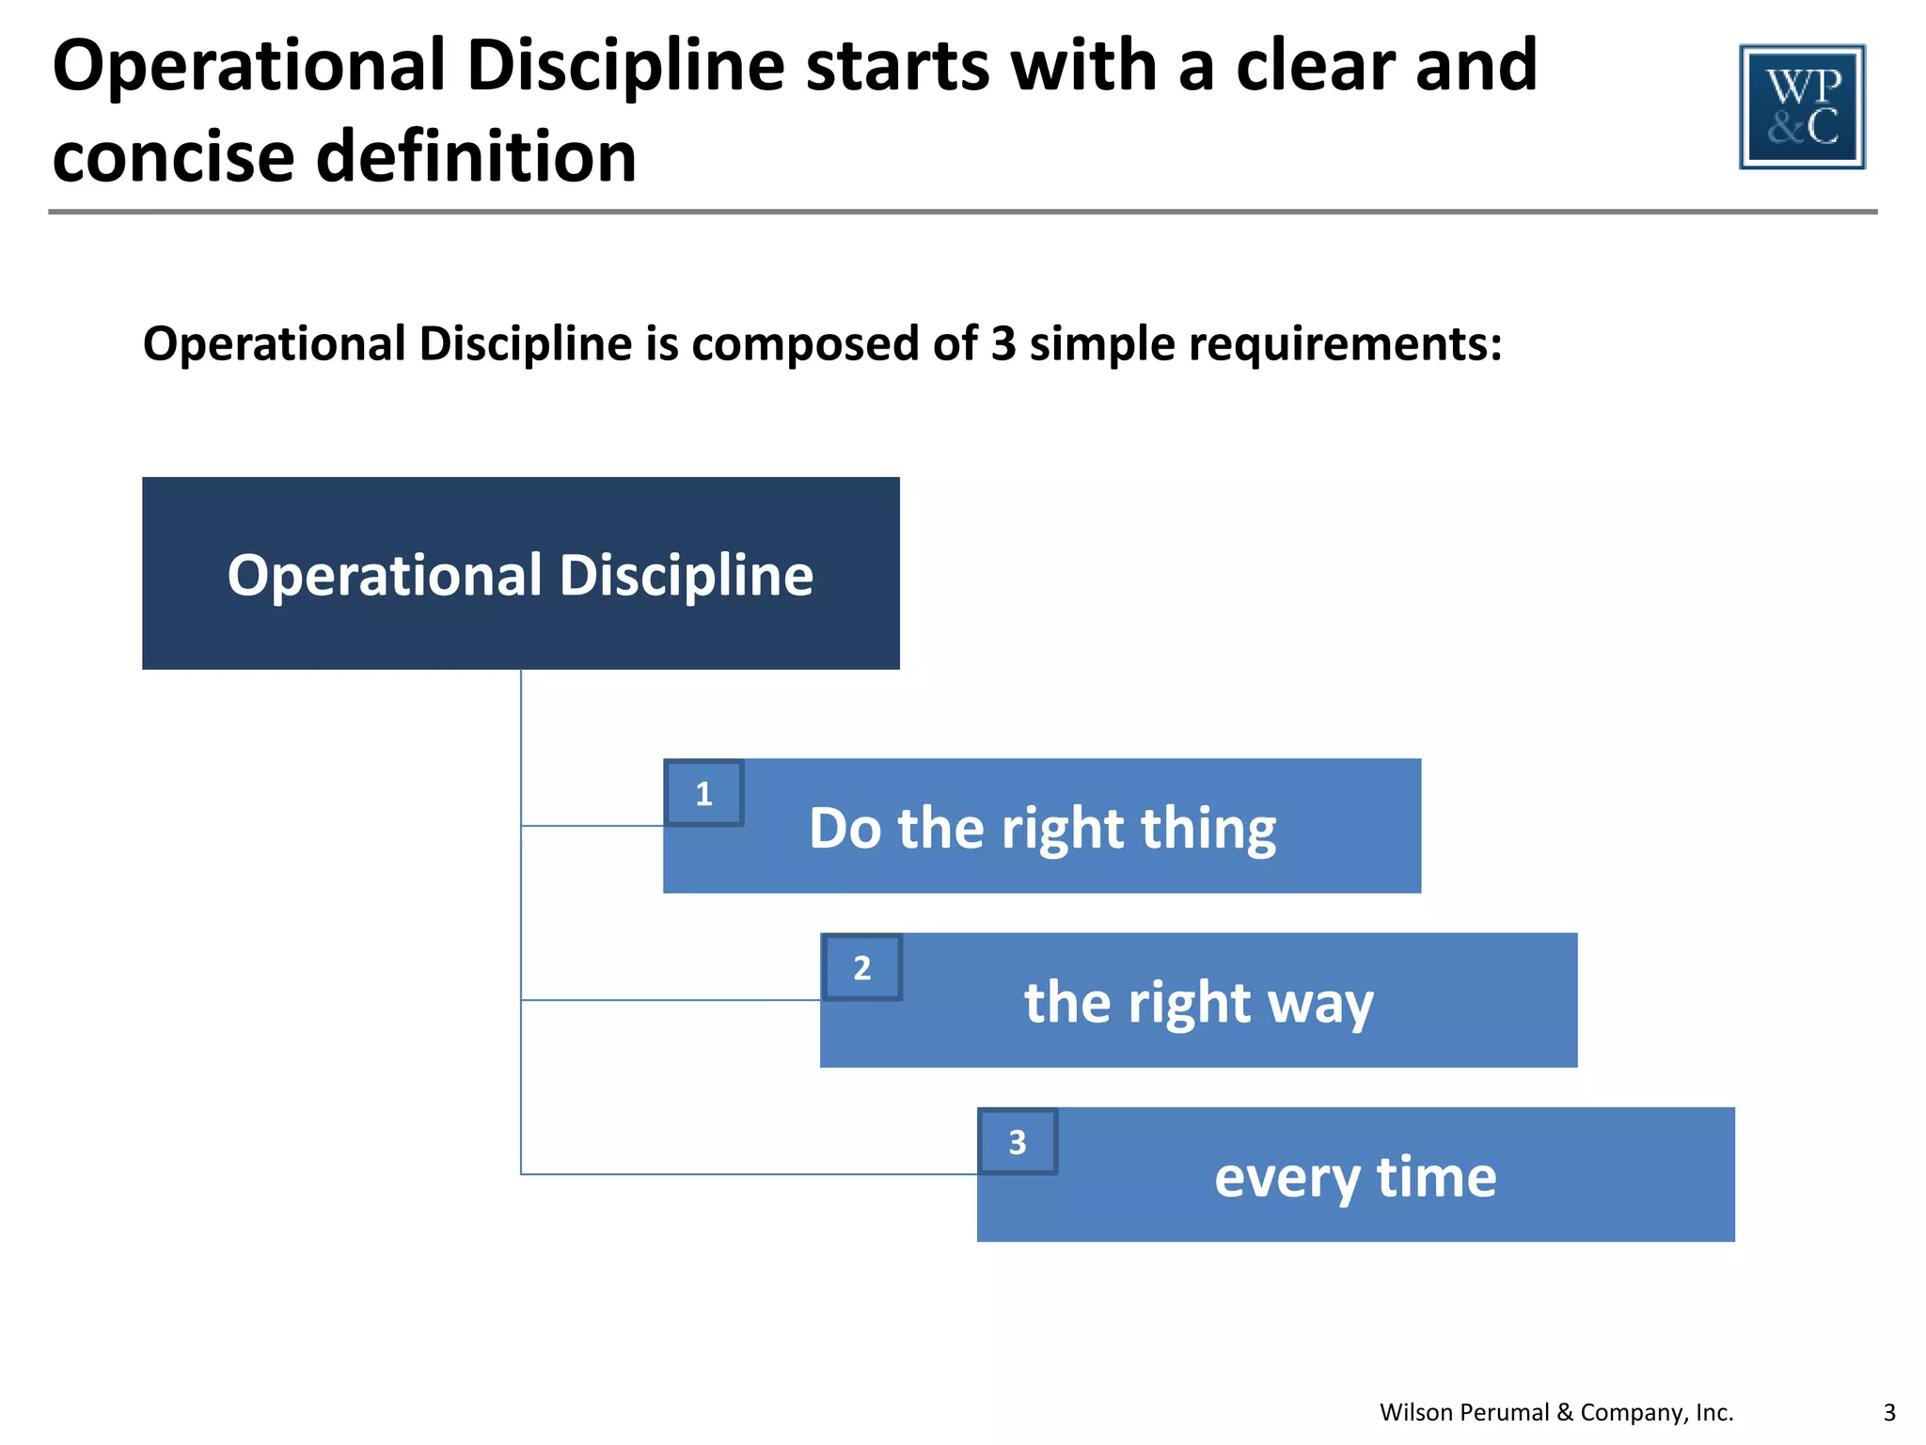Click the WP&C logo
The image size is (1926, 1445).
click(1802, 107)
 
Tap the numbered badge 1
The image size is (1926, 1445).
click(703, 793)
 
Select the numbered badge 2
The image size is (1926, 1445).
click(861, 967)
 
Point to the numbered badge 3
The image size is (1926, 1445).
click(1018, 1141)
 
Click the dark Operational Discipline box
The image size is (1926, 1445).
click(520, 573)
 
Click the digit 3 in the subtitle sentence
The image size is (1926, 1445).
click(1002, 343)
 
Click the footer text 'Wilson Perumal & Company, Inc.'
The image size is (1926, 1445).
click(1555, 1412)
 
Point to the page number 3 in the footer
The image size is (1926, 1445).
click(1889, 1412)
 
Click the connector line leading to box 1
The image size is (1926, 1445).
click(592, 826)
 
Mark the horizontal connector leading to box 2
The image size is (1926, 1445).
click(670, 1000)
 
